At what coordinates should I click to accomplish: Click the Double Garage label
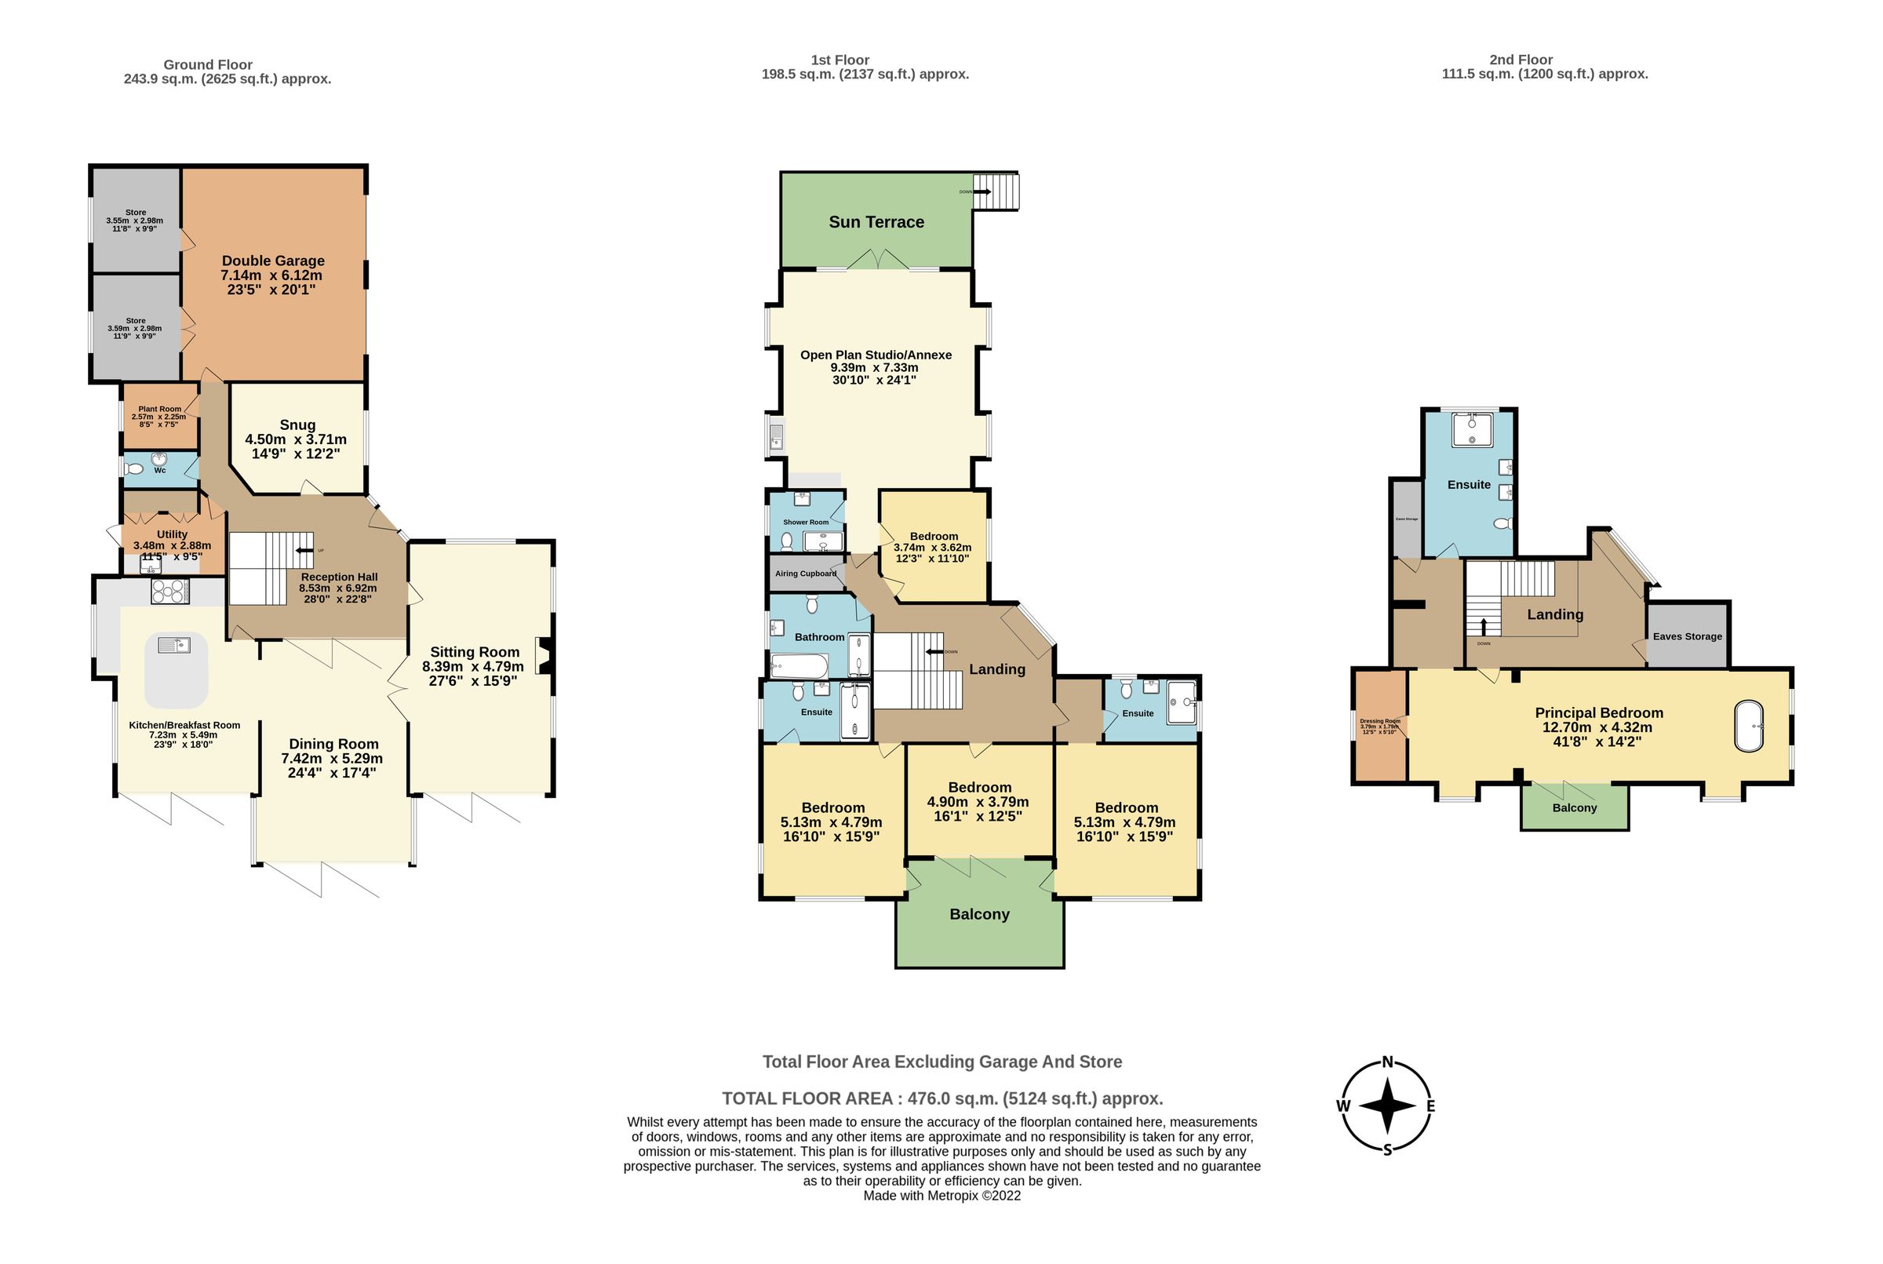pos(272,261)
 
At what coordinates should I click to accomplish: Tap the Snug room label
pos(297,424)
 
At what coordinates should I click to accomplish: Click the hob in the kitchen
pos(170,592)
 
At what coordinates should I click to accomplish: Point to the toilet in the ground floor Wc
pos(136,469)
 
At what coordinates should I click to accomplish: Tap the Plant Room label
pos(159,409)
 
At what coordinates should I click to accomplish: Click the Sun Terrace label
pos(876,222)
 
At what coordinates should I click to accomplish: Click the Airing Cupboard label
pos(805,573)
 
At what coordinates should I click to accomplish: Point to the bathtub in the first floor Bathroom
pos(799,666)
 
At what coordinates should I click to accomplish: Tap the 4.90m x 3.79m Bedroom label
pos(978,788)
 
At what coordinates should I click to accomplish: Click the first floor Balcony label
pos(978,914)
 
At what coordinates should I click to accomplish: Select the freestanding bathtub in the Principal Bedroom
pos(1748,727)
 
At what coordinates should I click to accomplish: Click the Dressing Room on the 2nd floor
pos(1380,726)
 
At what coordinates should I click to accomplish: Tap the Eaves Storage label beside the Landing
pos(1687,636)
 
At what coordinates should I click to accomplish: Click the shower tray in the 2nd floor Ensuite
pos(1472,431)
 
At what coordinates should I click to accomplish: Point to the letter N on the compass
pos(1387,1062)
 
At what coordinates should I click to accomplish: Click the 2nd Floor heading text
pos(1521,60)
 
